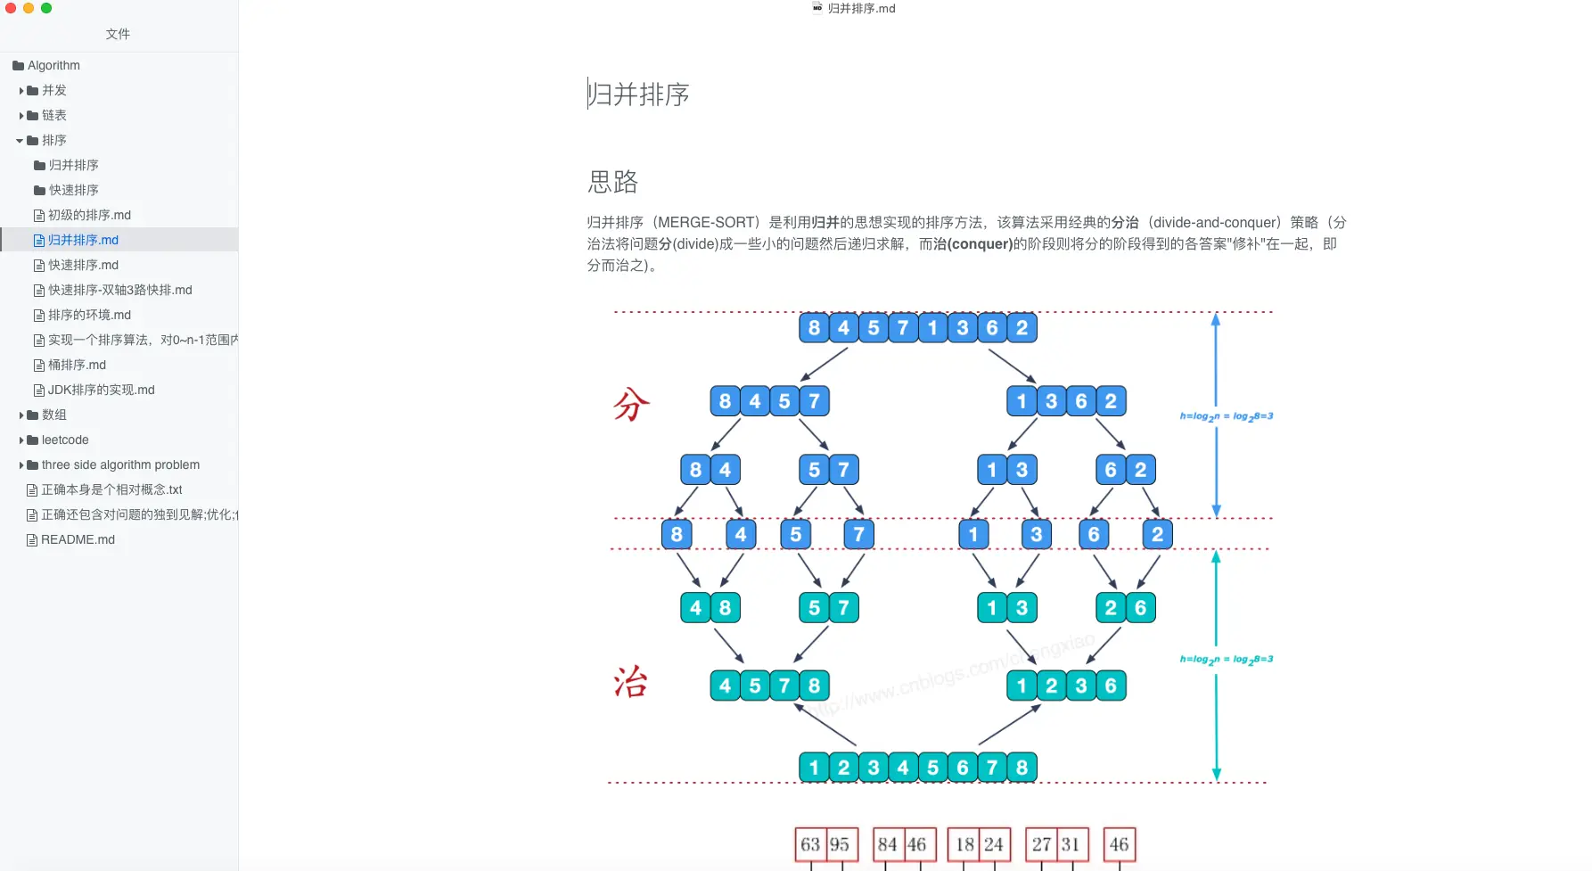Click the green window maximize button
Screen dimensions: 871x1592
point(46,8)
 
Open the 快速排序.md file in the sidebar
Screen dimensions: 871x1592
point(83,265)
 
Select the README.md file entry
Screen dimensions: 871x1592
point(78,539)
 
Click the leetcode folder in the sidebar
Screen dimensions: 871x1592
point(65,440)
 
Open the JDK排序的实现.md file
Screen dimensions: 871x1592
point(101,390)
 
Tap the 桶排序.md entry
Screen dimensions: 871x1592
point(77,365)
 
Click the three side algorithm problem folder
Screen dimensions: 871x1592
point(120,464)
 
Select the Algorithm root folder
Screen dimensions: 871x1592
point(53,65)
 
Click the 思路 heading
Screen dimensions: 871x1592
point(612,182)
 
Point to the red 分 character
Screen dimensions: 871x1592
point(631,405)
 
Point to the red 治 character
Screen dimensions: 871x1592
point(630,683)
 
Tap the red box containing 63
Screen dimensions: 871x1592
point(810,844)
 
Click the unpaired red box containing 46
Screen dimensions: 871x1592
point(1119,844)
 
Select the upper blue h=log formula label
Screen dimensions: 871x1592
point(1226,416)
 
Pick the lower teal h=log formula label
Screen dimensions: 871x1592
point(1226,660)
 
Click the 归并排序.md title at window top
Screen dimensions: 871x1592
point(861,8)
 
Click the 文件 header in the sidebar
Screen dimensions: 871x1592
point(118,34)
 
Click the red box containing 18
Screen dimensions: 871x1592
point(964,844)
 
